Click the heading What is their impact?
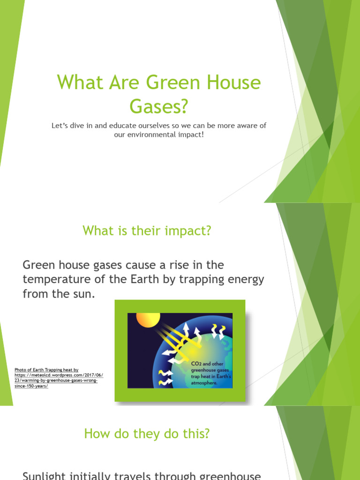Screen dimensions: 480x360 147,231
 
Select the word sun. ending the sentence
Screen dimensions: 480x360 88,294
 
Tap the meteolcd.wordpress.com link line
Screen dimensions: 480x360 59,375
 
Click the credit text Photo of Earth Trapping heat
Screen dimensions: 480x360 46,370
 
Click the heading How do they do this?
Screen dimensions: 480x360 147,434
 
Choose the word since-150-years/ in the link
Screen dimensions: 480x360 31,386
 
